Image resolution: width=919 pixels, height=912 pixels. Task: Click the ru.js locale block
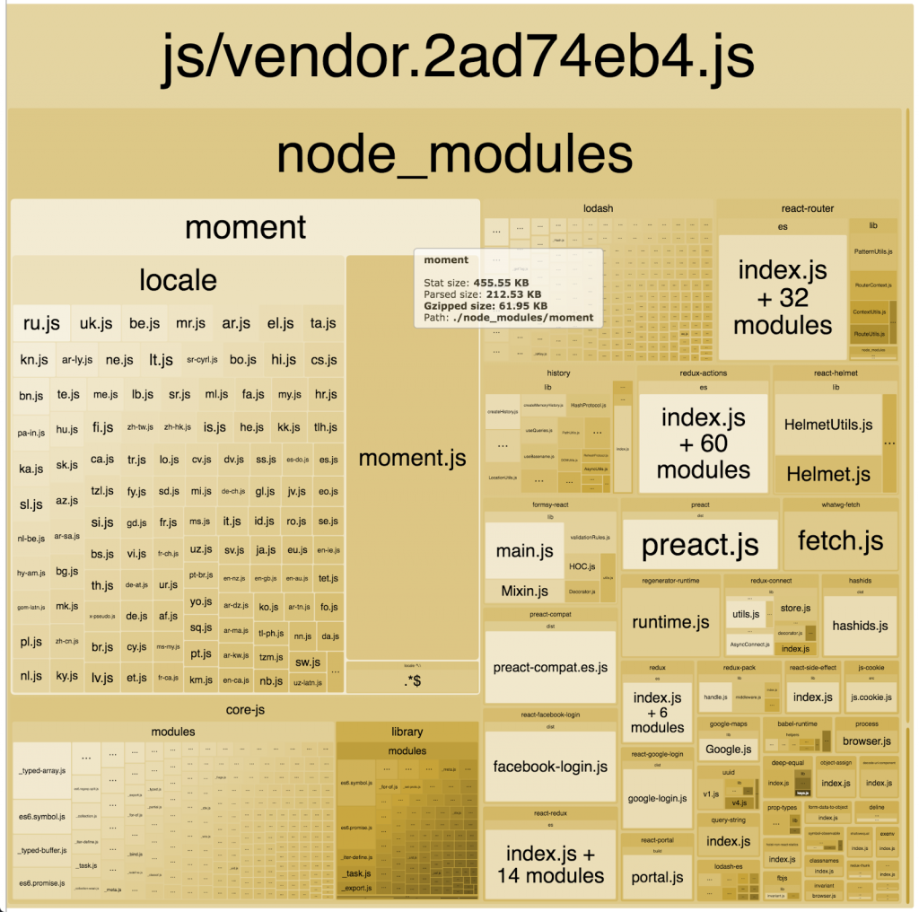pos(41,323)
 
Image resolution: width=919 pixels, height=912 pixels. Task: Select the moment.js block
pos(412,458)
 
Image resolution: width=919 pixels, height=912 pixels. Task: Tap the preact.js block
pos(700,545)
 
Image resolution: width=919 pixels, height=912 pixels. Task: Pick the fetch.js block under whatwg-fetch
pos(840,540)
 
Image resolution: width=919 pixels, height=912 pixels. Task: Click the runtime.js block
pos(670,622)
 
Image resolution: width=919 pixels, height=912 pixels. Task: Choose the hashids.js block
pos(860,625)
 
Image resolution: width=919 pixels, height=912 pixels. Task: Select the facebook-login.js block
pos(550,767)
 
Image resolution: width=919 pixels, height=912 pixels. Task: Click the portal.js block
pos(657,877)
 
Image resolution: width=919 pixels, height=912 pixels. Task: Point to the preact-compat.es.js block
pos(550,668)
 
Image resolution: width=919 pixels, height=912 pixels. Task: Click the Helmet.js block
pos(827,473)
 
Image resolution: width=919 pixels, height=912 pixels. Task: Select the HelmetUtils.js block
pos(827,425)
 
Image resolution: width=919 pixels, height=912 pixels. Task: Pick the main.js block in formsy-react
pos(524,550)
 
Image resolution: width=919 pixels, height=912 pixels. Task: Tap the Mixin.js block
pos(524,591)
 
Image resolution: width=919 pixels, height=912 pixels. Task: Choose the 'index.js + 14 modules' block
pos(550,864)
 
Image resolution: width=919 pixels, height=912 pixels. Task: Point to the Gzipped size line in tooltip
pos(486,305)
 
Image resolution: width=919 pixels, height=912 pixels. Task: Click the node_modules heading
pos(454,154)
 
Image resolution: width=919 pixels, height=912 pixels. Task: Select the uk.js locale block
pos(96,323)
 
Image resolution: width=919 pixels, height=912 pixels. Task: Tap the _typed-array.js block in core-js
pos(41,770)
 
